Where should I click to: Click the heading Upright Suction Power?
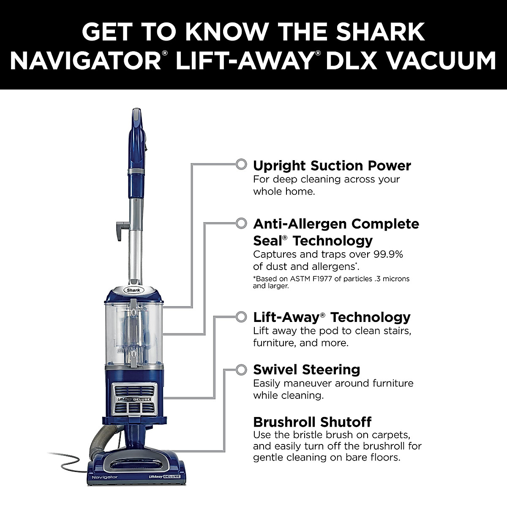tap(332, 165)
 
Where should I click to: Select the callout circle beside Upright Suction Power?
tap(241, 164)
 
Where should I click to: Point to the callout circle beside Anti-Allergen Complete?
tap(241, 223)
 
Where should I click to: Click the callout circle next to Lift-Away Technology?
tap(241, 316)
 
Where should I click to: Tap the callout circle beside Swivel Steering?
tap(241, 369)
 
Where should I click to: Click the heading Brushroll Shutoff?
tap(312, 422)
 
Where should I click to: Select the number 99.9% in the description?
tap(388, 254)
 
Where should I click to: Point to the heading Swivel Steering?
tap(306, 369)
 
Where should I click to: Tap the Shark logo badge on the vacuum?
tap(134, 290)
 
